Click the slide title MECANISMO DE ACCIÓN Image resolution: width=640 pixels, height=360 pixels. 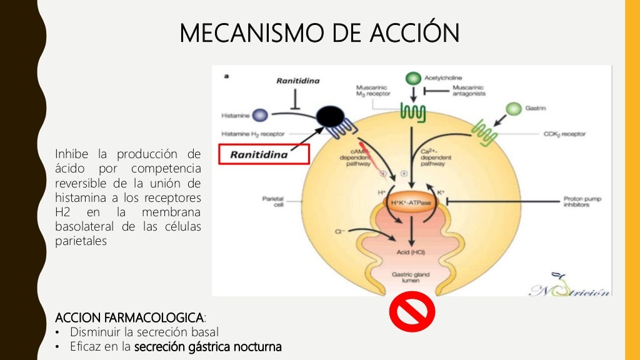(319, 33)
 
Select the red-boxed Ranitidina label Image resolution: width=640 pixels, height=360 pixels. (264, 154)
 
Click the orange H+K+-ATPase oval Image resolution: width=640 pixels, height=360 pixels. (411, 202)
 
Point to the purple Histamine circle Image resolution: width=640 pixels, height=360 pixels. (260, 115)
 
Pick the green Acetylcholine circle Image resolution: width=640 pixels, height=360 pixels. (412, 79)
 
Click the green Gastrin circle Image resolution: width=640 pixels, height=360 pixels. (513, 109)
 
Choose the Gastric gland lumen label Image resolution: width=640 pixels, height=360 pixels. (409, 277)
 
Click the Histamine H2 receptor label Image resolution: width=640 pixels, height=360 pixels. (250, 134)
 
